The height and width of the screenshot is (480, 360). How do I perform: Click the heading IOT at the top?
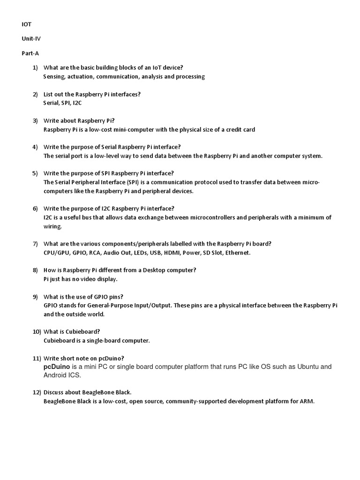coord(27,23)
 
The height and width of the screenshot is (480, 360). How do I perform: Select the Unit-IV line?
coord(30,38)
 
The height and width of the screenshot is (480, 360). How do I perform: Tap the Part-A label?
coord(30,53)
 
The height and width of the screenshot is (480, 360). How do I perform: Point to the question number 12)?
coord(37,392)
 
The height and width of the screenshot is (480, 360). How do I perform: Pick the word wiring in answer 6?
coord(52,226)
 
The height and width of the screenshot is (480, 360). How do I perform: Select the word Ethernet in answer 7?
coord(237,253)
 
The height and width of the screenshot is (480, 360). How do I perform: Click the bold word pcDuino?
coord(57,367)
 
